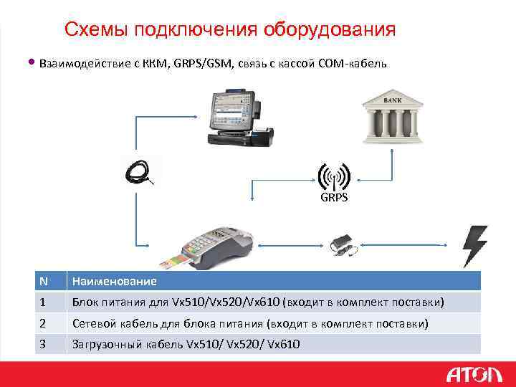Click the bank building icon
point(392,117)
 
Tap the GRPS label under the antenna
point(333,197)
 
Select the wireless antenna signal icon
point(333,176)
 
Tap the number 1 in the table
point(43,302)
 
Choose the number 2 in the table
point(43,324)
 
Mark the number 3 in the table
point(43,344)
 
